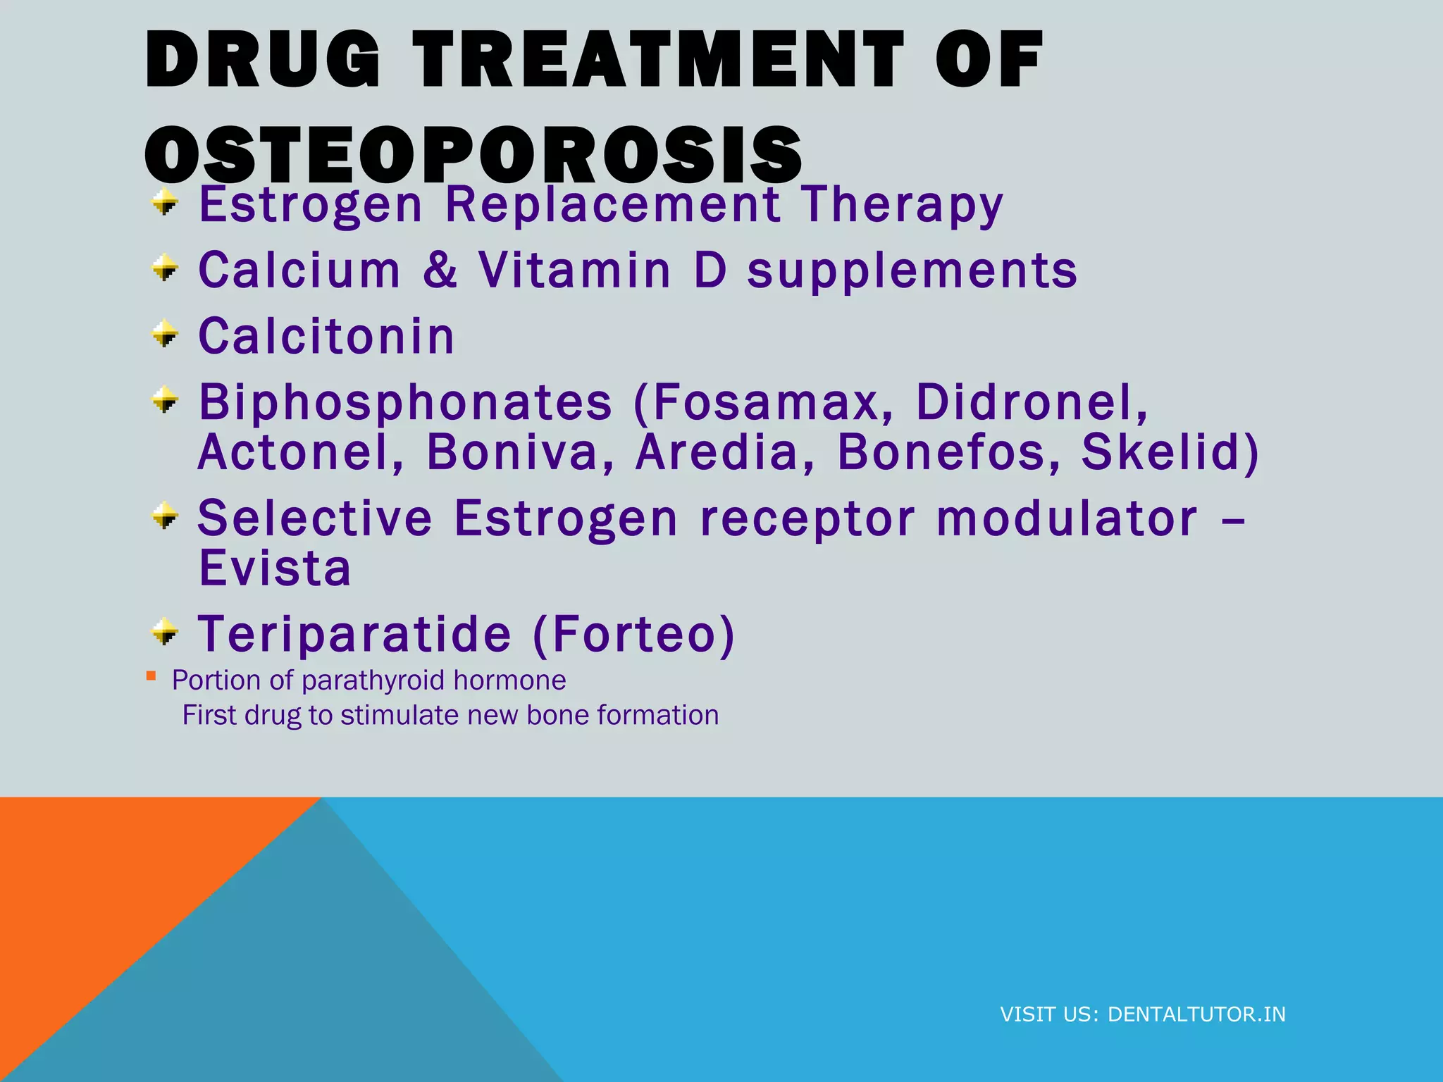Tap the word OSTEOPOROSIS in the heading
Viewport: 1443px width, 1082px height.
(x=473, y=154)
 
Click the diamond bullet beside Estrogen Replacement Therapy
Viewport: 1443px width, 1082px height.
(x=165, y=203)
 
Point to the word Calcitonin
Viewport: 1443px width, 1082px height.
(x=326, y=336)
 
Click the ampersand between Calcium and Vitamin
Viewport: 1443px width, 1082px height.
(x=440, y=270)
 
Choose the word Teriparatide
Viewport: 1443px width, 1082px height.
(x=354, y=634)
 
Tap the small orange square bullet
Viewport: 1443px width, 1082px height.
(x=151, y=676)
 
